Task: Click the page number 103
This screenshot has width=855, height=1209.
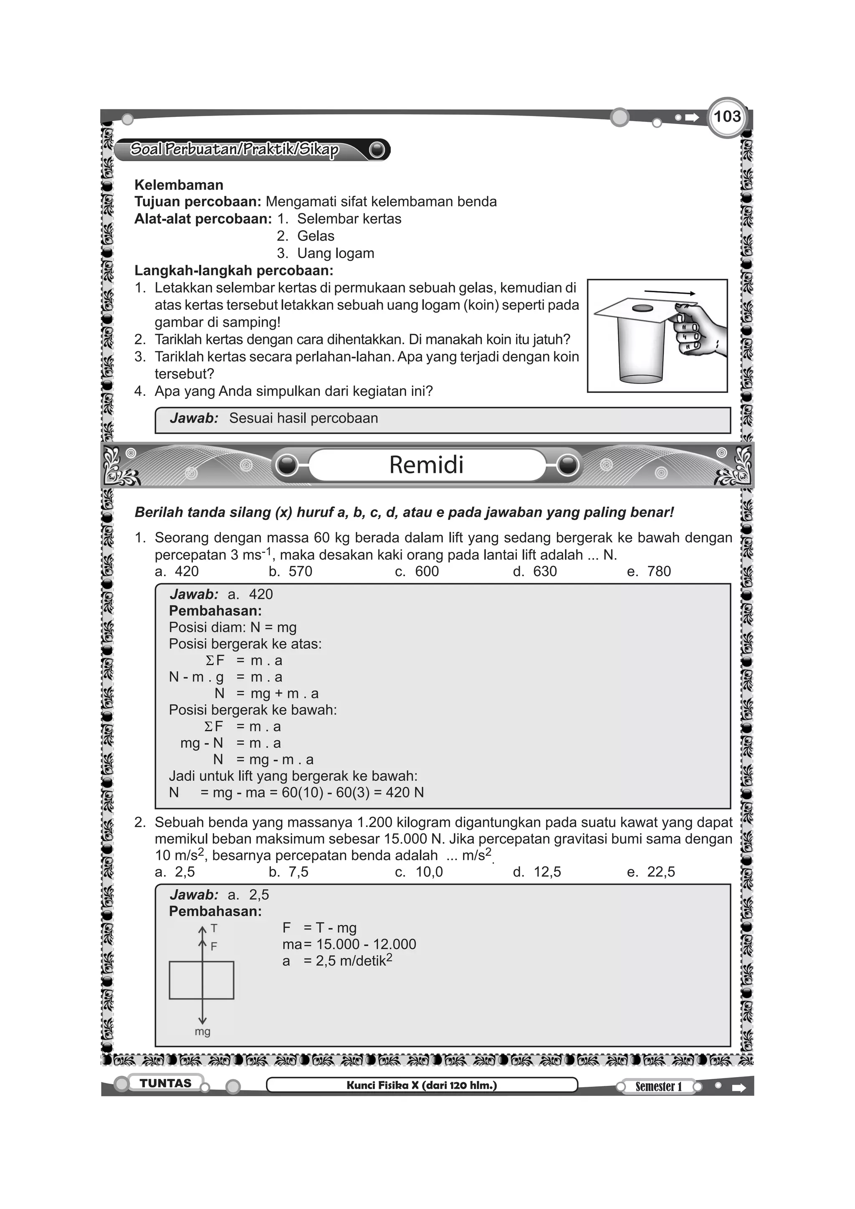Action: point(727,116)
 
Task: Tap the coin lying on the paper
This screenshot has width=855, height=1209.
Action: point(642,309)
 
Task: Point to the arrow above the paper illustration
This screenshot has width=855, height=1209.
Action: point(669,293)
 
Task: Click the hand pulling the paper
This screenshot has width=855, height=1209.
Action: point(698,330)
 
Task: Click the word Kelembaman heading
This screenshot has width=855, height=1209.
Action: point(179,185)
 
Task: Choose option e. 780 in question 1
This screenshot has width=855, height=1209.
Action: point(649,572)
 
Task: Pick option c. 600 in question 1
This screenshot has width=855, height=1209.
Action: point(417,572)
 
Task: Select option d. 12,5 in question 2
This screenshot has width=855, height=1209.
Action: point(536,872)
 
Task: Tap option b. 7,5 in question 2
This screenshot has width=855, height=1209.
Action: point(288,872)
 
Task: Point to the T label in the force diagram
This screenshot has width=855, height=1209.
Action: point(214,928)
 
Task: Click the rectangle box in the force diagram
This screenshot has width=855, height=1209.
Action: point(202,981)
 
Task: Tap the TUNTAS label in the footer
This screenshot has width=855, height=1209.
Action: point(165,1083)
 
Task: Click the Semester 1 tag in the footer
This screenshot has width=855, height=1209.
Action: point(658,1086)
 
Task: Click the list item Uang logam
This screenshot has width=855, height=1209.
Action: point(335,253)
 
